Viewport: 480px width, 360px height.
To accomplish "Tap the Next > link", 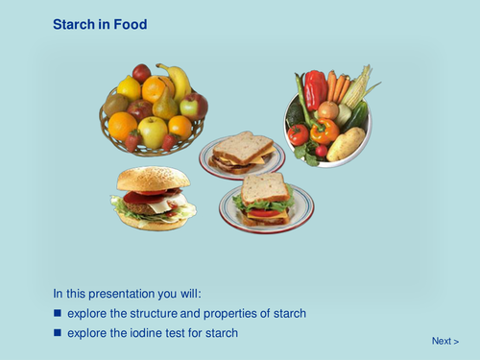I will (444, 341).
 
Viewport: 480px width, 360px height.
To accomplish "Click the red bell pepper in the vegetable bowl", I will (315, 91).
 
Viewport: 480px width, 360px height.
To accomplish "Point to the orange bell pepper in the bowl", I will (324, 130).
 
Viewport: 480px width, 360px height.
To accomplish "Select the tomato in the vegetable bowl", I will (299, 133).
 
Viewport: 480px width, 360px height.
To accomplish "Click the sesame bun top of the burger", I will (153, 179).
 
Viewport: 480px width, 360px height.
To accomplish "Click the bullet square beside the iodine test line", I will (58, 332).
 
